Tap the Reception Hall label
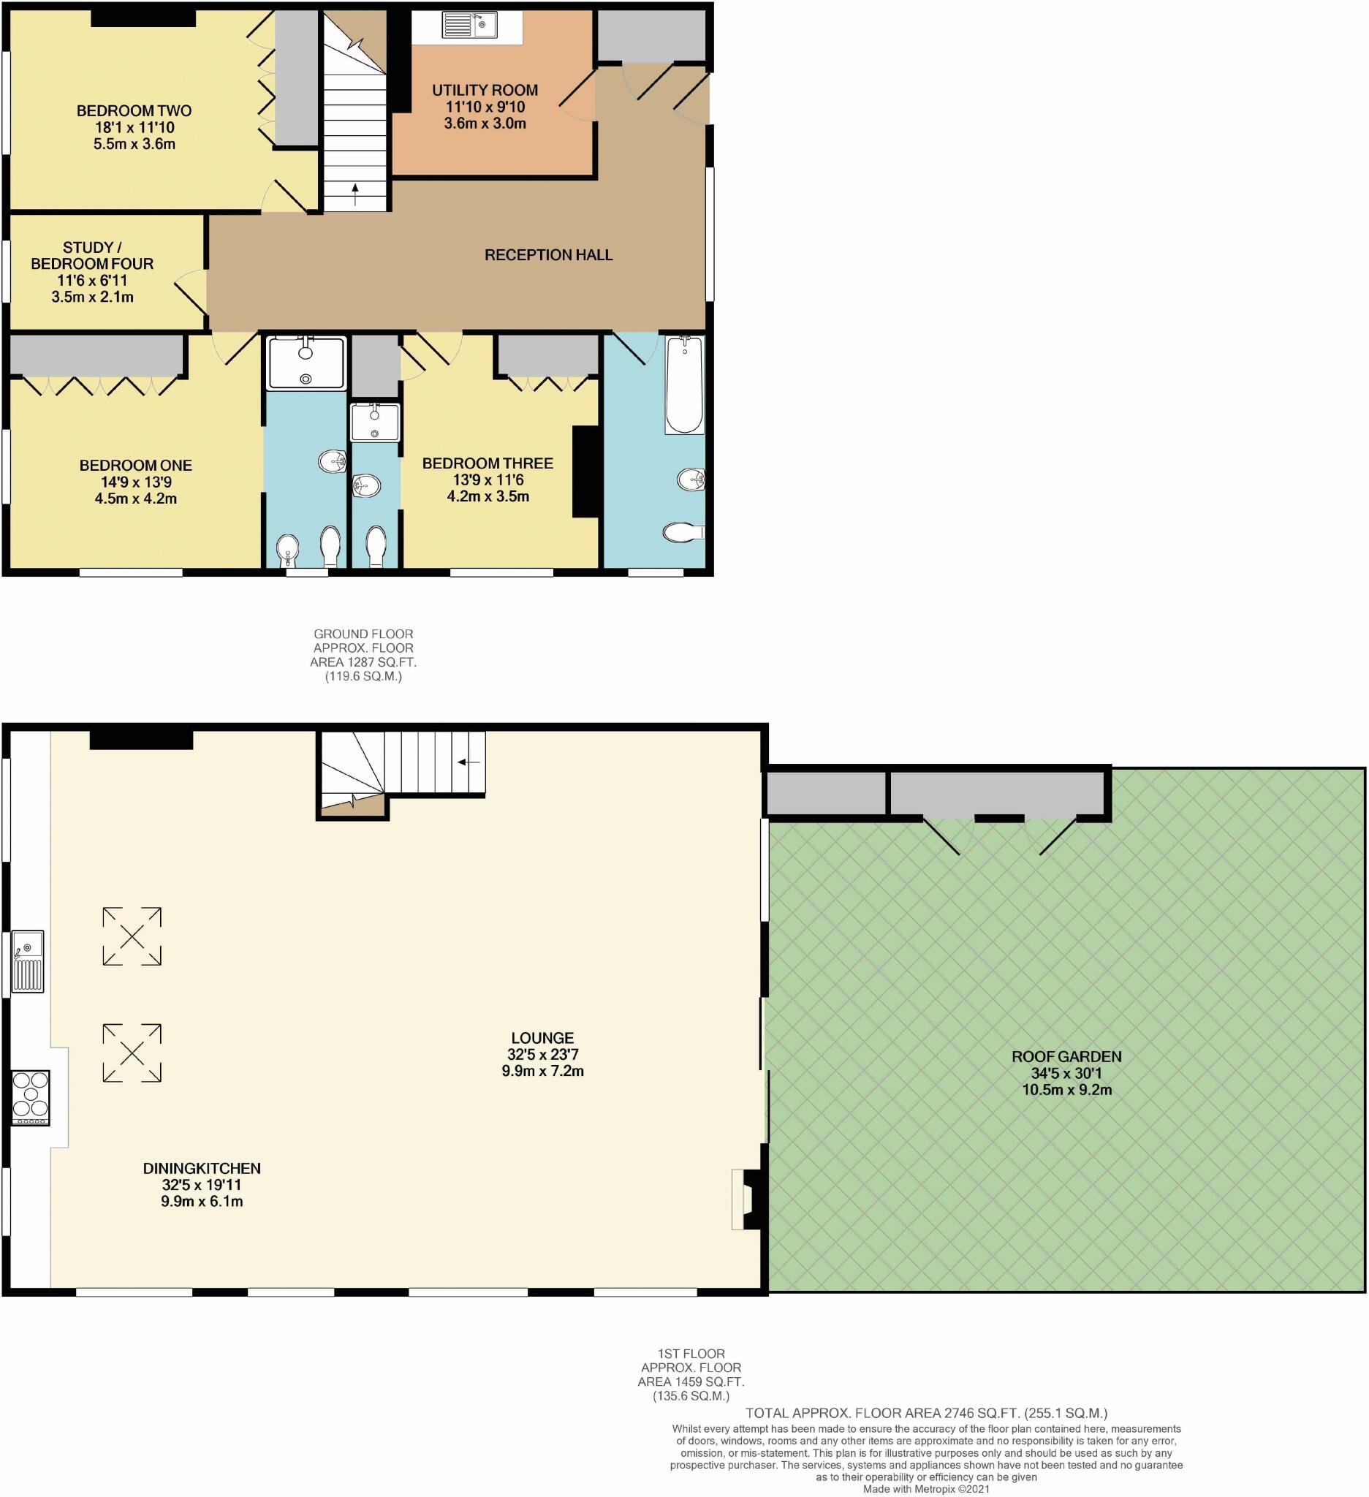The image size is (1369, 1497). tap(548, 254)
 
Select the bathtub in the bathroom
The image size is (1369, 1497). tap(683, 384)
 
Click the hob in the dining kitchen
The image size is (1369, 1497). tap(31, 1096)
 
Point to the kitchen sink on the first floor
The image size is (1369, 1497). tap(29, 962)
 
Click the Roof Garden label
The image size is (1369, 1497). tap(1066, 1056)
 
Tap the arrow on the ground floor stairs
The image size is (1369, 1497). tap(355, 194)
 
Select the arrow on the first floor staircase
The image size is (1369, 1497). tap(469, 762)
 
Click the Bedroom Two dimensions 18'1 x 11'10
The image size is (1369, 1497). tap(134, 128)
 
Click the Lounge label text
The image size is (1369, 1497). tap(542, 1038)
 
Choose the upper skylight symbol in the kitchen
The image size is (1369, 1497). tap(132, 936)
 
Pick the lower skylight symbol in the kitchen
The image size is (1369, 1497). tap(132, 1053)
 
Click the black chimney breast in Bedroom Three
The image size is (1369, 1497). tap(585, 471)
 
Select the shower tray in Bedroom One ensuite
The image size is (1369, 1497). tap(306, 363)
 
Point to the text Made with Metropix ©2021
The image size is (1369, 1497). tap(926, 1489)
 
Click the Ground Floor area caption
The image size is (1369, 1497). tap(363, 655)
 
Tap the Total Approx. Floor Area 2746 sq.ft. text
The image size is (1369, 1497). tap(926, 1413)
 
